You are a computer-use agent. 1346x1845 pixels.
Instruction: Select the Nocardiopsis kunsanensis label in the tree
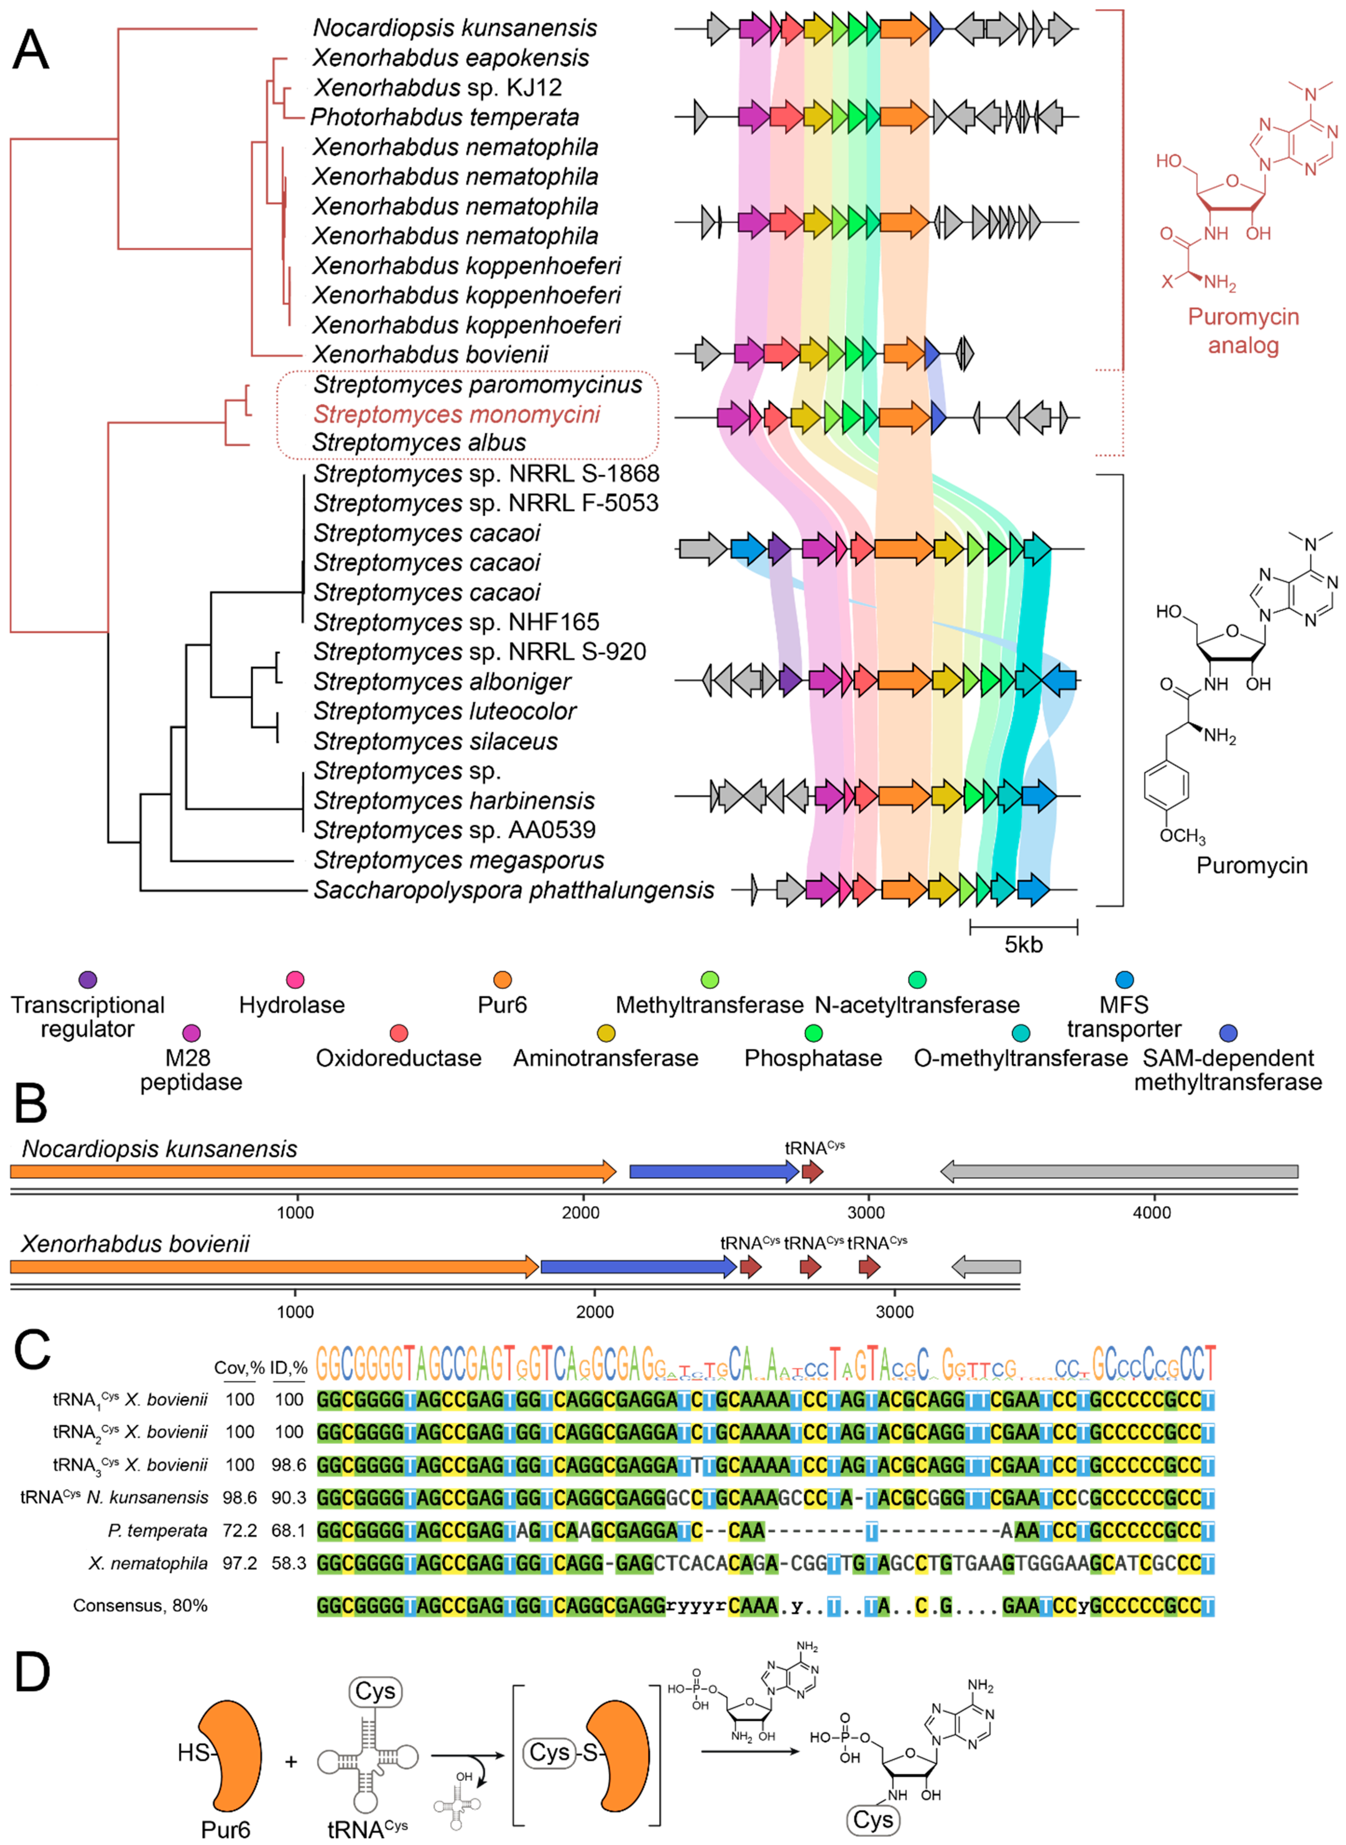coord(454,28)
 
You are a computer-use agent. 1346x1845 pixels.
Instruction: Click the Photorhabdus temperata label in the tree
coord(445,117)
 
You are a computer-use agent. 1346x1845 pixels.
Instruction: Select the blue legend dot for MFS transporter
coord(1124,980)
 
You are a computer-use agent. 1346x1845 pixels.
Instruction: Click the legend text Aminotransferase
coord(605,1058)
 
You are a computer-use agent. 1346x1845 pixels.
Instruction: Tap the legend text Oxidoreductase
coord(398,1058)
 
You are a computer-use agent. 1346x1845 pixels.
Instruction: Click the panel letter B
coord(31,1104)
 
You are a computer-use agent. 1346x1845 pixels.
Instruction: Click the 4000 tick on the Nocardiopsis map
coord(1151,1213)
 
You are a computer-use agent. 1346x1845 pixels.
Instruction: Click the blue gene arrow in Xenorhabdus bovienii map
coord(638,1267)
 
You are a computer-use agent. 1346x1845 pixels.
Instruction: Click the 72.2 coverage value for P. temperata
coord(240,1531)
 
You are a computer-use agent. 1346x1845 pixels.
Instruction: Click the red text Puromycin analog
coord(1243,331)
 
